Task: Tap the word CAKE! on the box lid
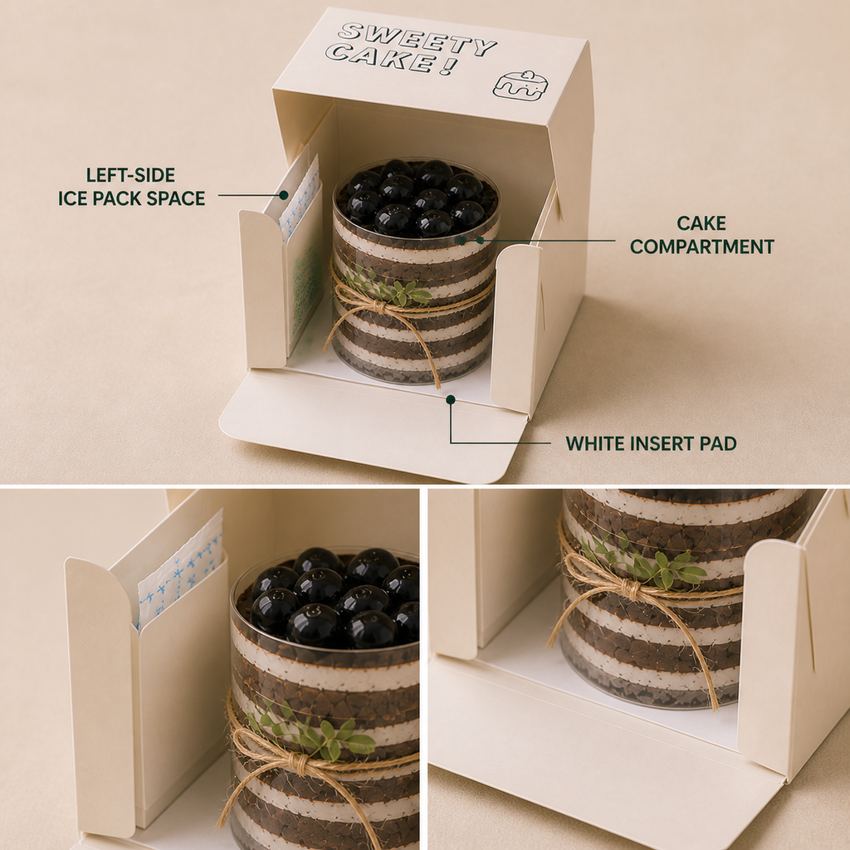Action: point(392,59)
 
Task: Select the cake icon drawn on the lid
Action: point(520,85)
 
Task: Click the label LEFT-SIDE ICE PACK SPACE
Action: point(132,187)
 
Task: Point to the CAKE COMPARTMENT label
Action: point(701,235)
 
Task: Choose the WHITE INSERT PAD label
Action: point(651,443)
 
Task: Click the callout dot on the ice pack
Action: point(284,195)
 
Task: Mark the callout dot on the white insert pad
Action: point(450,399)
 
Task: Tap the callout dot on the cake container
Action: point(480,240)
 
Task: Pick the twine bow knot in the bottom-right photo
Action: point(631,588)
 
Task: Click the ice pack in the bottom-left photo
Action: point(180,570)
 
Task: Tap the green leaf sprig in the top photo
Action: point(389,288)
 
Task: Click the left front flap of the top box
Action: point(263,290)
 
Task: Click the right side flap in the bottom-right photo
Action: point(773,657)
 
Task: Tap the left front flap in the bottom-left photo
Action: point(101,695)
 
